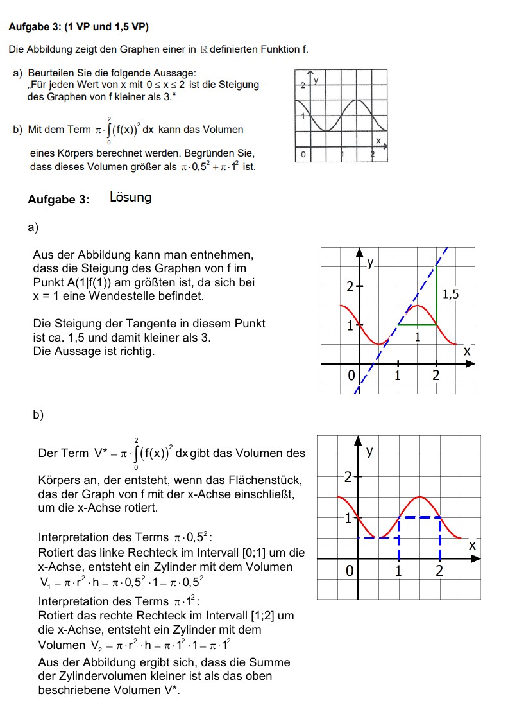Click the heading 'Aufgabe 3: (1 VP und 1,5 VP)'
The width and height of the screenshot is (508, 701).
click(x=78, y=27)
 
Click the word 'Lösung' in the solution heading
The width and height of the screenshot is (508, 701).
click(x=130, y=198)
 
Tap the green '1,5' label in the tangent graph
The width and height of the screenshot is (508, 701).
click(x=451, y=295)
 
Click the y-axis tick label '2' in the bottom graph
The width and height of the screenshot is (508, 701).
click(x=348, y=478)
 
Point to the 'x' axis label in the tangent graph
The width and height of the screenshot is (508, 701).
click(x=467, y=351)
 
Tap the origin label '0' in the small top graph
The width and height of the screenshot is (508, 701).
click(x=303, y=155)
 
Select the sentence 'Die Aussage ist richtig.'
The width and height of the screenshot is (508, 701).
click(x=94, y=351)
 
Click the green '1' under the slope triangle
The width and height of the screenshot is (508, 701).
click(x=417, y=336)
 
